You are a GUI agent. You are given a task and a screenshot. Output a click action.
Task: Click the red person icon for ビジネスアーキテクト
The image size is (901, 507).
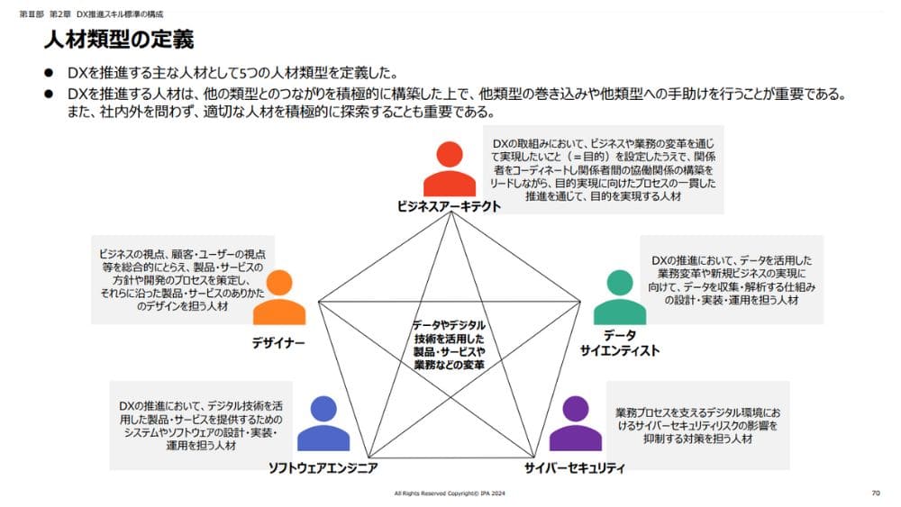449,169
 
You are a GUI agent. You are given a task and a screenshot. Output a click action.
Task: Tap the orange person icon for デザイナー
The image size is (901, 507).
278,298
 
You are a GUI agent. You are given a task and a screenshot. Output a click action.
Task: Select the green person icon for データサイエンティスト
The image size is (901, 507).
620,298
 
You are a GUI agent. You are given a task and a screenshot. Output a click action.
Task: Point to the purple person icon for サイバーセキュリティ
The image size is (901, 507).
575,424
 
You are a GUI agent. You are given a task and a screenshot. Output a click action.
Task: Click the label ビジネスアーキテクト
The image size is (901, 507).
449,206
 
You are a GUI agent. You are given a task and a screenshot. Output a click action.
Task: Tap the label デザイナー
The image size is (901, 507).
278,343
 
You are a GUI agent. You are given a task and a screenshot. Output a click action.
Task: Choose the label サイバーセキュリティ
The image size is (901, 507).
575,468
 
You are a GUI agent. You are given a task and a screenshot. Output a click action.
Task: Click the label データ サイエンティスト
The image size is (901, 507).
620,343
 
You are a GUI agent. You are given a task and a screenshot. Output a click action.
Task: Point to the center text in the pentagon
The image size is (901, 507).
449,344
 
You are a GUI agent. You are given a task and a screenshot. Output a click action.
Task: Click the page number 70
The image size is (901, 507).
876,493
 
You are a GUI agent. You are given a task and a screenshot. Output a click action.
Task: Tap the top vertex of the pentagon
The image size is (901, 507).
449,214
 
